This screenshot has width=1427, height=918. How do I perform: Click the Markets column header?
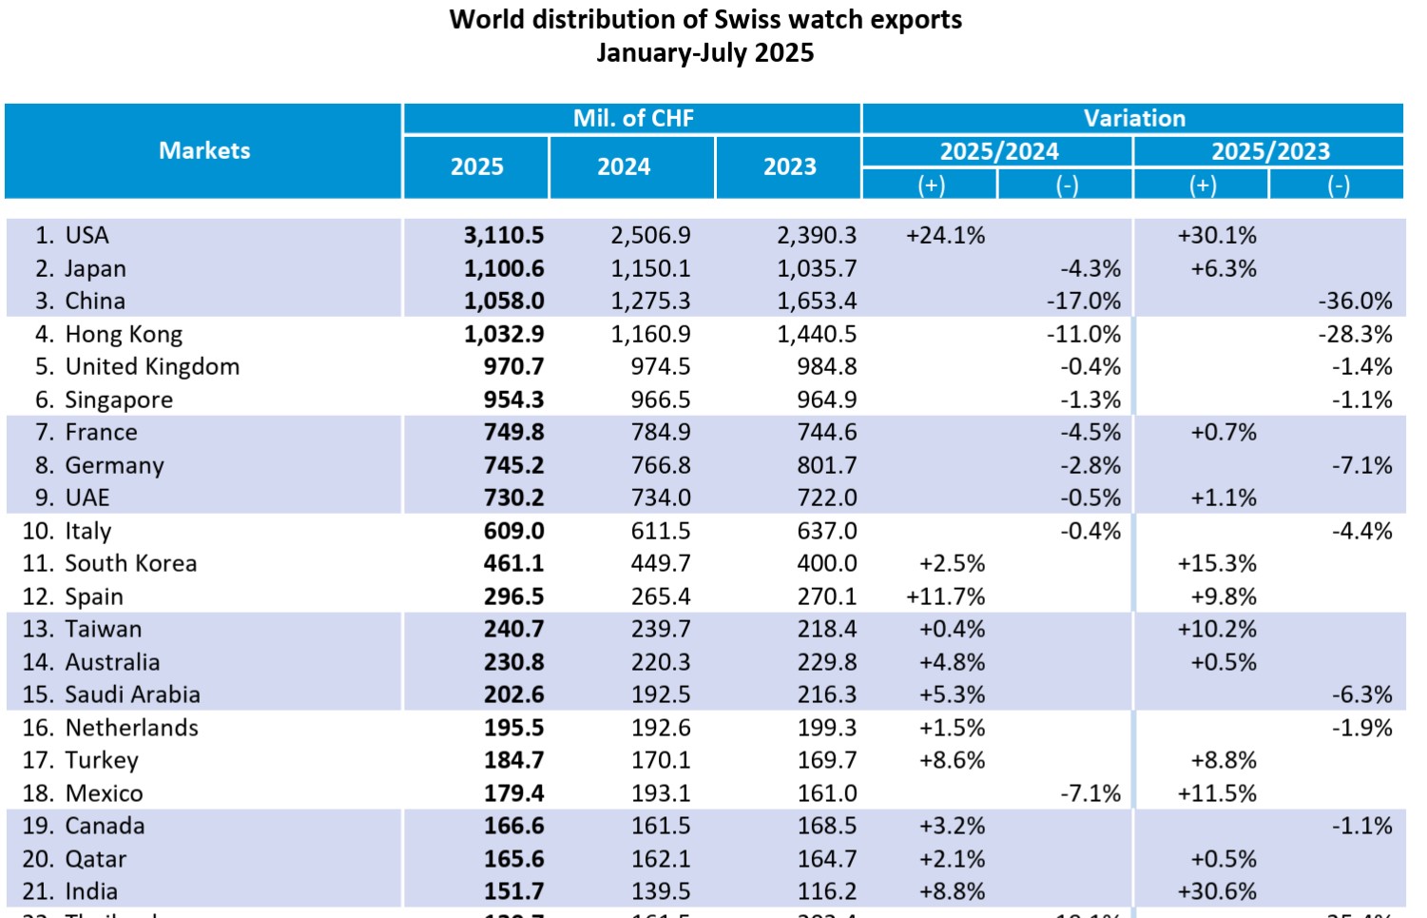click(x=204, y=150)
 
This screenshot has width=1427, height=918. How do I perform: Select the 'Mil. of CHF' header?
click(x=633, y=118)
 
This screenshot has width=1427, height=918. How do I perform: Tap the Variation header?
click(x=1134, y=118)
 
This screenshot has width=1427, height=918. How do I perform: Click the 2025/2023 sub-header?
click(x=1270, y=151)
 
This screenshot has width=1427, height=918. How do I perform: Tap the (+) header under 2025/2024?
click(x=931, y=185)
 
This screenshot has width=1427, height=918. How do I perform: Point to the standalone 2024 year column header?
click(x=624, y=166)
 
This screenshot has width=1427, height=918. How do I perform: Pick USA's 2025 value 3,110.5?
click(x=504, y=235)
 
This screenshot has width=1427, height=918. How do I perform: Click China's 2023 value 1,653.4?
click(x=817, y=301)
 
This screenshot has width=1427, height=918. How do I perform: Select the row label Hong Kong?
click(x=124, y=334)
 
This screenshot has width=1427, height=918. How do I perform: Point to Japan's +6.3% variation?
click(x=1224, y=268)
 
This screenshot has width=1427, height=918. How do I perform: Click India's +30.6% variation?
click(x=1217, y=891)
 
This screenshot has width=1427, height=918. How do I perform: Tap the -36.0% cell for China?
click(x=1355, y=301)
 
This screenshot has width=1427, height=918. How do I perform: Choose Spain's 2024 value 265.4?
click(x=661, y=596)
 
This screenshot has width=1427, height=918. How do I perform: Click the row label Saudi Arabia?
click(x=132, y=694)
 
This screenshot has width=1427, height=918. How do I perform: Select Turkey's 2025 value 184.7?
click(x=513, y=760)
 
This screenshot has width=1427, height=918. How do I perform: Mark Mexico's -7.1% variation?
click(x=1090, y=793)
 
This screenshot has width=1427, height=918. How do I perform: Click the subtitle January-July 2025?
click(x=704, y=52)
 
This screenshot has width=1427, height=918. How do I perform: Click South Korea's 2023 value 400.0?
click(x=826, y=563)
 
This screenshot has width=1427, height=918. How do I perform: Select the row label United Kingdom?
click(x=152, y=366)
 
